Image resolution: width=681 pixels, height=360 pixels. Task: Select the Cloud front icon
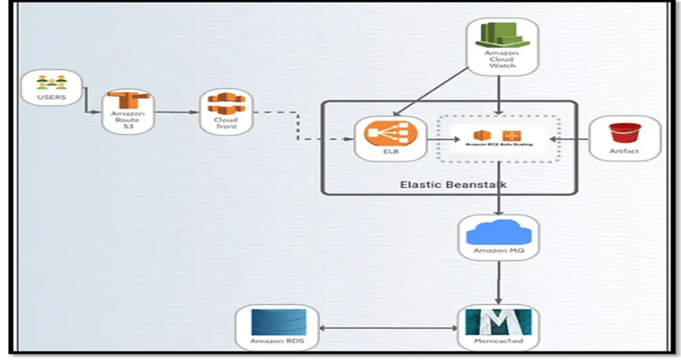(x=223, y=104)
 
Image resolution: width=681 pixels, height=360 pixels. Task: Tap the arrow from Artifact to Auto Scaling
(x=568, y=139)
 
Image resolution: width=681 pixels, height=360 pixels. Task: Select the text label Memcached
(x=497, y=341)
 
